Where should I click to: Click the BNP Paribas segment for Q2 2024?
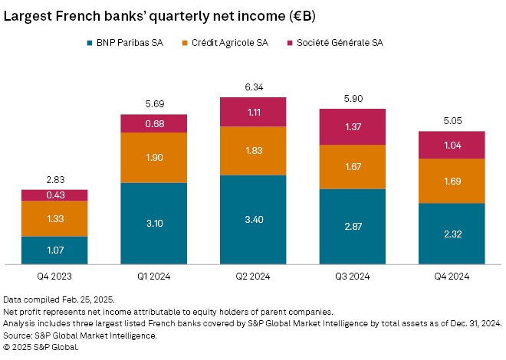coord(253,219)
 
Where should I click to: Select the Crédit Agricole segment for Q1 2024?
coord(153,158)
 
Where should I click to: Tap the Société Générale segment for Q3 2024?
coord(352,126)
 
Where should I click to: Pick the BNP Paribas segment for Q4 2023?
coord(54,250)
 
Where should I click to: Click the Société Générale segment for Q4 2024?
coord(452,145)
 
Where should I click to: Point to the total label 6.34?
coord(253,87)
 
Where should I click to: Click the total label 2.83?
coord(54,180)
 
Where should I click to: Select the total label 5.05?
coord(452,121)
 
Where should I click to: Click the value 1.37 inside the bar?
coord(352,126)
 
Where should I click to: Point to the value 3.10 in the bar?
coord(153,224)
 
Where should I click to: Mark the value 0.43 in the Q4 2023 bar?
coord(54,195)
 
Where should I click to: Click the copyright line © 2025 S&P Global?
coord(41,347)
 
